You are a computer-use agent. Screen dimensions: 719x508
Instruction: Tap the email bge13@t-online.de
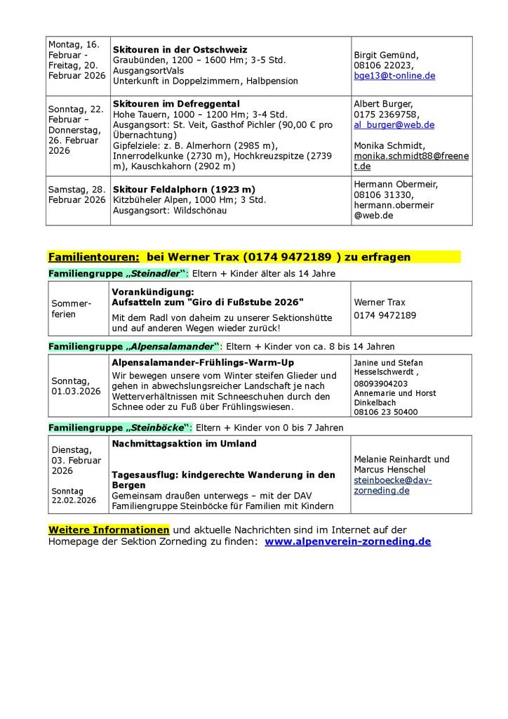[394, 75]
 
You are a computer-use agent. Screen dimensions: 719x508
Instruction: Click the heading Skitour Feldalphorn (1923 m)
[184, 190]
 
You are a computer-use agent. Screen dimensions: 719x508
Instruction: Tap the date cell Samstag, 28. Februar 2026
[77, 194]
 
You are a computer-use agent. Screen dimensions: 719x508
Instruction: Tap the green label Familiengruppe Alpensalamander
[134, 346]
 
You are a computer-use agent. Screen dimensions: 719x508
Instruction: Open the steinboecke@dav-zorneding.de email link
[393, 485]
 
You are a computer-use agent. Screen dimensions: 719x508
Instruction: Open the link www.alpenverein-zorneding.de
[348, 541]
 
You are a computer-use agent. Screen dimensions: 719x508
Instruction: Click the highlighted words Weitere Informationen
[109, 529]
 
